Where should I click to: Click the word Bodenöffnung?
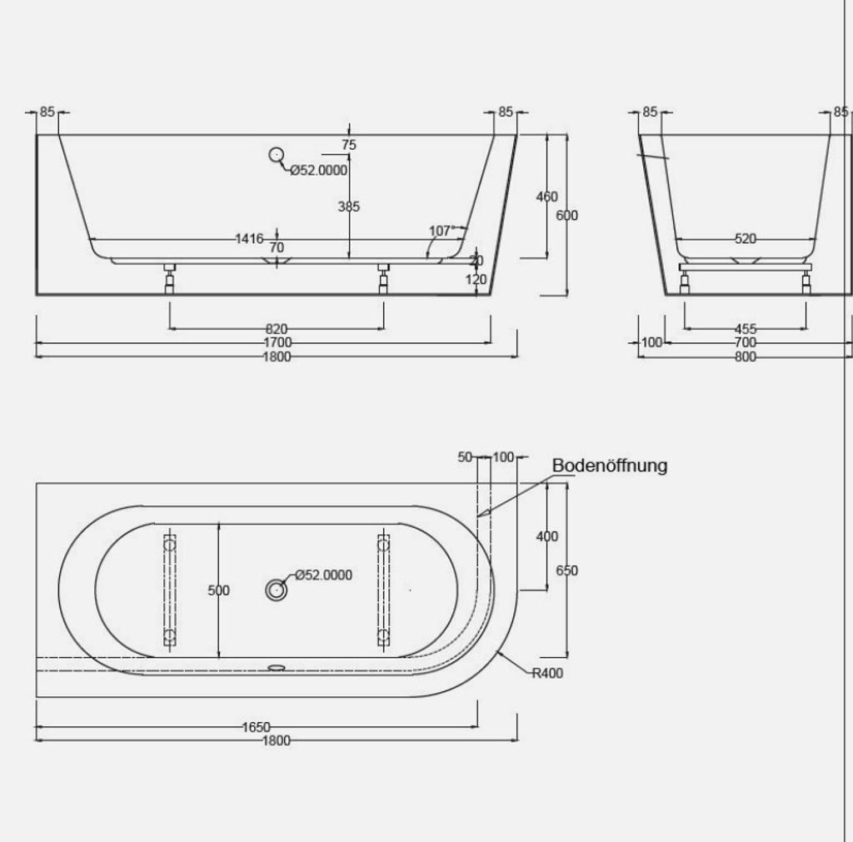tap(609, 466)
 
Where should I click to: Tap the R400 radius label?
tap(547, 674)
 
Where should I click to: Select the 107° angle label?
tap(441, 232)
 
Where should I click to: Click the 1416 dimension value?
tap(249, 239)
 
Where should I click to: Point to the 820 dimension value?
tap(277, 329)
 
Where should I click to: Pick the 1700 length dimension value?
tap(277, 342)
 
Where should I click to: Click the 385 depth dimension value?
tap(349, 207)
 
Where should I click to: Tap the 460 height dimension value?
tap(546, 197)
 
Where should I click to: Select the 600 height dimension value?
tap(566, 216)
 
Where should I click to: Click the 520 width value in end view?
tap(746, 239)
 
